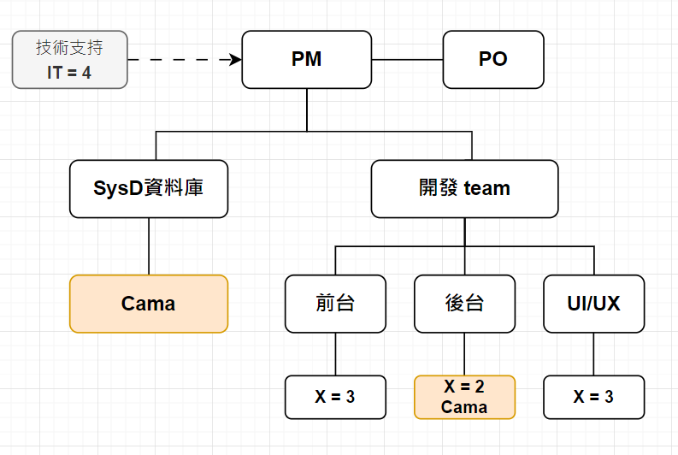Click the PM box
(306, 60)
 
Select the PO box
(493, 60)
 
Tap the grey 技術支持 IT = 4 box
(69, 60)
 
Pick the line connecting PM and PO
(407, 60)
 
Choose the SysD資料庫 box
(149, 188)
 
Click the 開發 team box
(464, 188)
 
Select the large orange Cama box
(149, 304)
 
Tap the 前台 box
(335, 304)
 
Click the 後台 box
(464, 304)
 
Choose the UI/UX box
(593, 304)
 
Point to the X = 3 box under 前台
(335, 397)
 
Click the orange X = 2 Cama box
(464, 397)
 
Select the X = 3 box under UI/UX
(593, 397)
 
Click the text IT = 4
(69, 73)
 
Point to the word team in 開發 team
(486, 188)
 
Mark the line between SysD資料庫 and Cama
(149, 246)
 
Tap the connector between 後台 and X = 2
(464, 354)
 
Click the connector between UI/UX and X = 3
(593, 354)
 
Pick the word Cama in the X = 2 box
(464, 407)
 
